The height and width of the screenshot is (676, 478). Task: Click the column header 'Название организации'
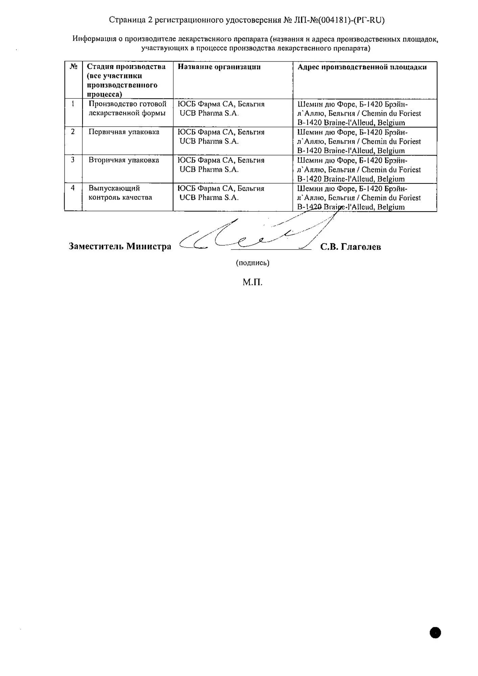[219, 67]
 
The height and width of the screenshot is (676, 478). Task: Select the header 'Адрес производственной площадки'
[362, 67]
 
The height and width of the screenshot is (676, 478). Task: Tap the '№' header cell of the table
[73, 67]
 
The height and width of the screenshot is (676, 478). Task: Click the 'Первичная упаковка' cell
[124, 132]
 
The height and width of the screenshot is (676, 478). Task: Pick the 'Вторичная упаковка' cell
[124, 160]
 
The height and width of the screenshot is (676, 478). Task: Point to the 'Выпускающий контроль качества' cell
[120, 193]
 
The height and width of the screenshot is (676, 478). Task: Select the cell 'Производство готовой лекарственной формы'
[127, 108]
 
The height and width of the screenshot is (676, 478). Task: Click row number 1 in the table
[73, 104]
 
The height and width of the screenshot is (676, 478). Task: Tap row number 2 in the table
[73, 132]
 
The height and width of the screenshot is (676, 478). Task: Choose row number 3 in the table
[73, 160]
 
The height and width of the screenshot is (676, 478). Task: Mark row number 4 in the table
[73, 188]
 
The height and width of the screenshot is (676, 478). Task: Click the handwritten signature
[250, 235]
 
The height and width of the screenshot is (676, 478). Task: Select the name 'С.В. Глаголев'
[351, 247]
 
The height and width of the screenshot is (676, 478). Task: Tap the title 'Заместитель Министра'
[120, 246]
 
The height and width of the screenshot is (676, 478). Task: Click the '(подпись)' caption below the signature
[253, 263]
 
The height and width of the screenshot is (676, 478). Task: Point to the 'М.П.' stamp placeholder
[253, 282]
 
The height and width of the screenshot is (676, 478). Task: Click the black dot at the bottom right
[435, 633]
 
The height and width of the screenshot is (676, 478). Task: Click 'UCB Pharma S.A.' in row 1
[209, 114]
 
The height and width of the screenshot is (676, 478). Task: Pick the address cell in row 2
[359, 141]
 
